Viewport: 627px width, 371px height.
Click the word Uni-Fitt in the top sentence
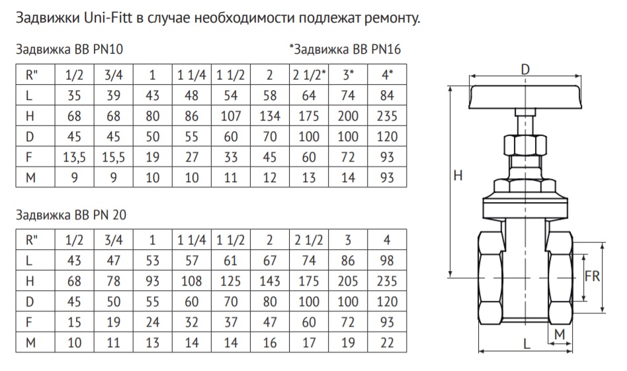[x=108, y=18]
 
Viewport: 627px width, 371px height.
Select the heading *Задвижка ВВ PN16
[x=345, y=49]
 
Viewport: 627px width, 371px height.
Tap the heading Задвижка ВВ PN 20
[x=71, y=215]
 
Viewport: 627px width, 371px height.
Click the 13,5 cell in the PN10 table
[x=74, y=157]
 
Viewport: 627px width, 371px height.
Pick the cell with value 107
[x=231, y=116]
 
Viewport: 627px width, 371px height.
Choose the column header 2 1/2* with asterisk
[x=309, y=74]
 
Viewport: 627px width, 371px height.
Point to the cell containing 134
[x=270, y=116]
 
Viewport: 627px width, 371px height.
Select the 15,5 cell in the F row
[x=114, y=157]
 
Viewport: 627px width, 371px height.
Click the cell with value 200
[x=348, y=116]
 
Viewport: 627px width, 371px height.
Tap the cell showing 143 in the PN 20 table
[x=270, y=281]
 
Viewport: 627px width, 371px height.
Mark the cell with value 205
[x=348, y=281]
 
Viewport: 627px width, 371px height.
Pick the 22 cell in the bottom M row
[x=387, y=343]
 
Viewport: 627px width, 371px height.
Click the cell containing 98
[x=387, y=260]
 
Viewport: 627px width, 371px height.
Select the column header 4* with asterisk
[x=387, y=74]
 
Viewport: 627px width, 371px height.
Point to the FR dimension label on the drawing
[x=592, y=276]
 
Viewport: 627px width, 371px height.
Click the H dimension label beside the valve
[x=458, y=176]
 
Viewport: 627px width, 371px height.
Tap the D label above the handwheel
[x=525, y=70]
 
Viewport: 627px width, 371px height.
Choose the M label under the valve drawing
[x=560, y=334]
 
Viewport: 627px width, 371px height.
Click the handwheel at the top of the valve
[x=525, y=97]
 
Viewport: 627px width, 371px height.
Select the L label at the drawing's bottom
[x=526, y=343]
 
